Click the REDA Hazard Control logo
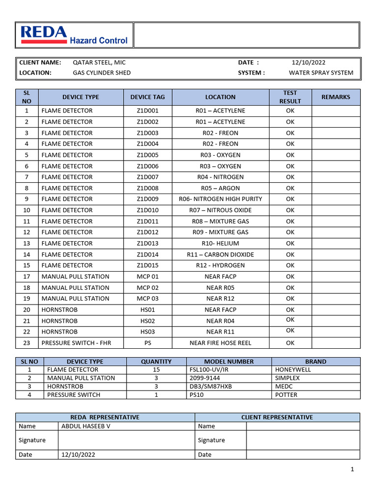pos(74,35)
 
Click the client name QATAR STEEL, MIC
pos(99,62)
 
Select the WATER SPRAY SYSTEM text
pos(321,73)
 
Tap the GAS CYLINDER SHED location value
pos(102,73)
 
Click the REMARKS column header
pos(336,97)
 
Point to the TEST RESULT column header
pos(290,97)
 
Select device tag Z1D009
pos(148,199)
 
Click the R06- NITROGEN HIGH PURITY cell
pos(220,199)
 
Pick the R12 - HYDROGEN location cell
pos(220,265)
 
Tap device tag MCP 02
pos(148,288)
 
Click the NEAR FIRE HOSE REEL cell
pos(220,343)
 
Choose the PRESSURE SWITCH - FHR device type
pos(76,343)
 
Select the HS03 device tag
pos(148,332)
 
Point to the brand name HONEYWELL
pos(293,369)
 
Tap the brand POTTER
pos(286,395)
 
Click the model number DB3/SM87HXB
pos(211,387)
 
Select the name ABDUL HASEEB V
pos(86,426)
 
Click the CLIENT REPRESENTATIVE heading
pos(277,417)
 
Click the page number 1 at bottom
pos(352,470)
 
